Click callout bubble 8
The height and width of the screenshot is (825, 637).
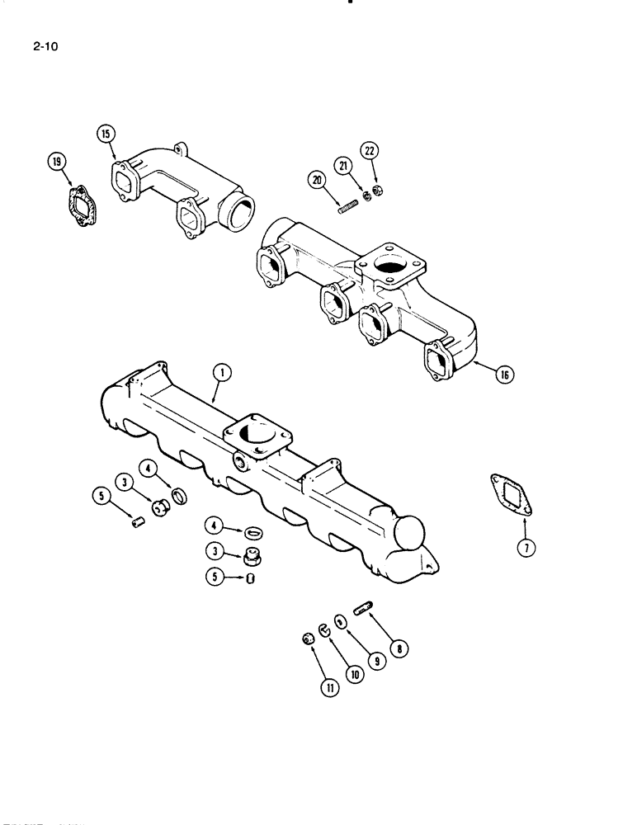click(x=402, y=648)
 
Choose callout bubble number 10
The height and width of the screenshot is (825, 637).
click(x=355, y=673)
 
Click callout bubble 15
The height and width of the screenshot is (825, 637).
click(x=107, y=134)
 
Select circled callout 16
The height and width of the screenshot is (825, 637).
click(x=503, y=375)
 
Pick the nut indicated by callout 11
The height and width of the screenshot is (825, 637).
click(x=308, y=639)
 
